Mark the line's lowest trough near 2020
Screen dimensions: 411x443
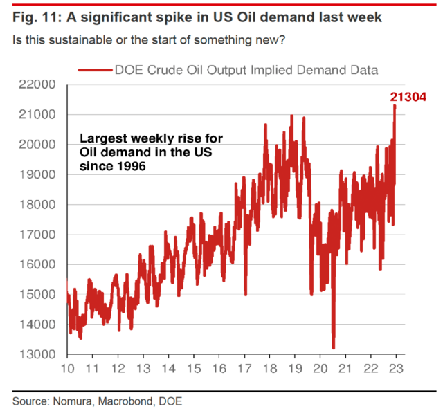[x=333, y=348]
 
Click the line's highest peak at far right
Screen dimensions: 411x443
[x=394, y=106]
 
